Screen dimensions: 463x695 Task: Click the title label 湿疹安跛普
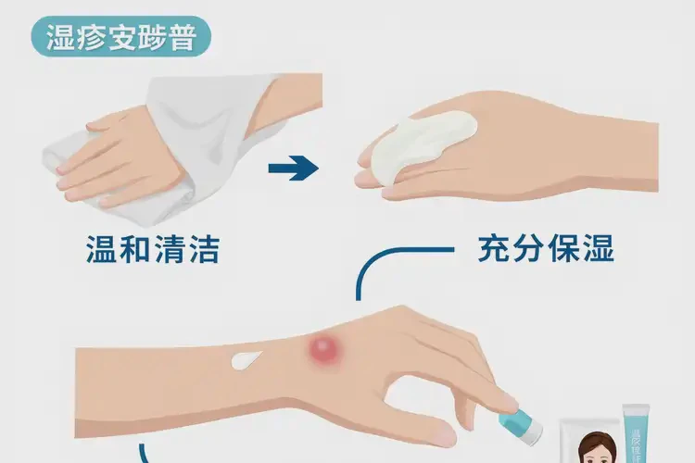pos(120,40)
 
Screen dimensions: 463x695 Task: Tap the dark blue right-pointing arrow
pos(292,169)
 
